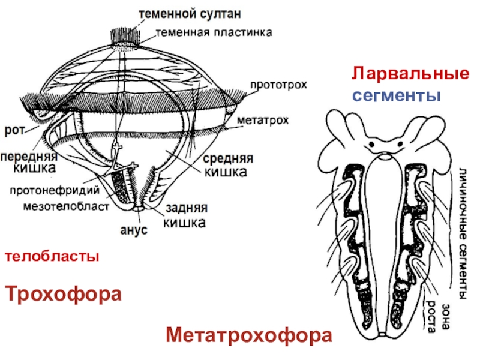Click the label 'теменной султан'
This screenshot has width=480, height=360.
point(192,12)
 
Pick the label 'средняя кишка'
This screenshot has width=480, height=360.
point(227,166)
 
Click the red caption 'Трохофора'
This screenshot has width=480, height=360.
point(64,294)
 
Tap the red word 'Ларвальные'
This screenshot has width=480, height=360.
point(410,74)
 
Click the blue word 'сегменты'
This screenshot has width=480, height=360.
point(395,95)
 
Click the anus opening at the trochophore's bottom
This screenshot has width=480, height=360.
point(139,208)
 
